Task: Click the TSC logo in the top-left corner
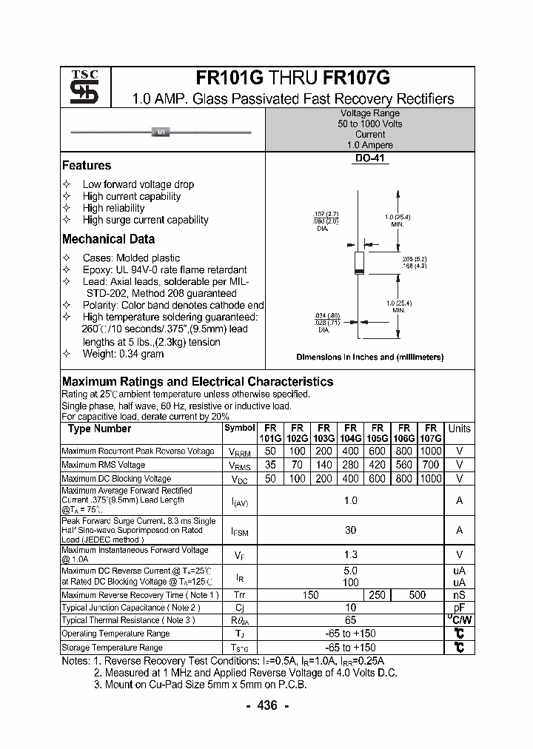(85, 87)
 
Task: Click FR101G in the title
(230, 78)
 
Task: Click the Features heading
(87, 166)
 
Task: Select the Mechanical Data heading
(108, 239)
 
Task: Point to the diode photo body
(161, 132)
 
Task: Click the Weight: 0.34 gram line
(123, 354)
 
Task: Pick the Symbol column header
(239, 428)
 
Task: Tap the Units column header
(459, 429)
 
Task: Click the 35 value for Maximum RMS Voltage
(270, 465)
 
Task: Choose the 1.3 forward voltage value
(350, 554)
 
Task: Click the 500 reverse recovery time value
(417, 594)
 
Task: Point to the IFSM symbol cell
(239, 531)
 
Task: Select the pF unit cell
(459, 607)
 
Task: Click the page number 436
(266, 705)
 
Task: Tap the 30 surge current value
(350, 531)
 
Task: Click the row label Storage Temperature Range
(112, 648)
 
